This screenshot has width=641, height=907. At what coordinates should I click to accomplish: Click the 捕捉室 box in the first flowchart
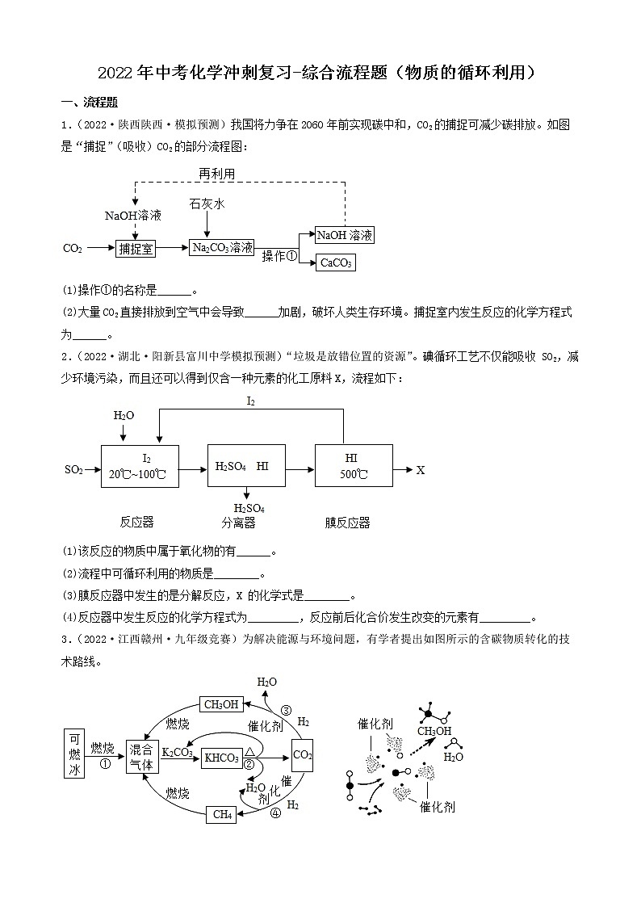136,248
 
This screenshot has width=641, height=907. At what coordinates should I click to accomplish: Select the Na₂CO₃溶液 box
222,248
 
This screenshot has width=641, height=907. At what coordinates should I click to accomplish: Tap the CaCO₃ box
337,262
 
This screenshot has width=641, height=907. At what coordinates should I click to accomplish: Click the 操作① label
279,255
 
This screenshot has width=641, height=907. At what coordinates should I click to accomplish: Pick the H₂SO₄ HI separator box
246,466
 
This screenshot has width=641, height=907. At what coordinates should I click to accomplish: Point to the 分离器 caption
238,523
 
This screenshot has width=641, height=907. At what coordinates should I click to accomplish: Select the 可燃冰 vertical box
74,753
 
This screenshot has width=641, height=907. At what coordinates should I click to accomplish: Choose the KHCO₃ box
221,758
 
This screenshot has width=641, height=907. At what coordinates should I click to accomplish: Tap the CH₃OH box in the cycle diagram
220,704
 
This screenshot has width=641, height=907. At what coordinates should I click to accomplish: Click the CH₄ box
222,814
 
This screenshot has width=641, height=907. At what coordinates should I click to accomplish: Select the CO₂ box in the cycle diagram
302,755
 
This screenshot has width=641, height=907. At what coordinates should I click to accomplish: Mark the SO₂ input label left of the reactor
73,469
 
